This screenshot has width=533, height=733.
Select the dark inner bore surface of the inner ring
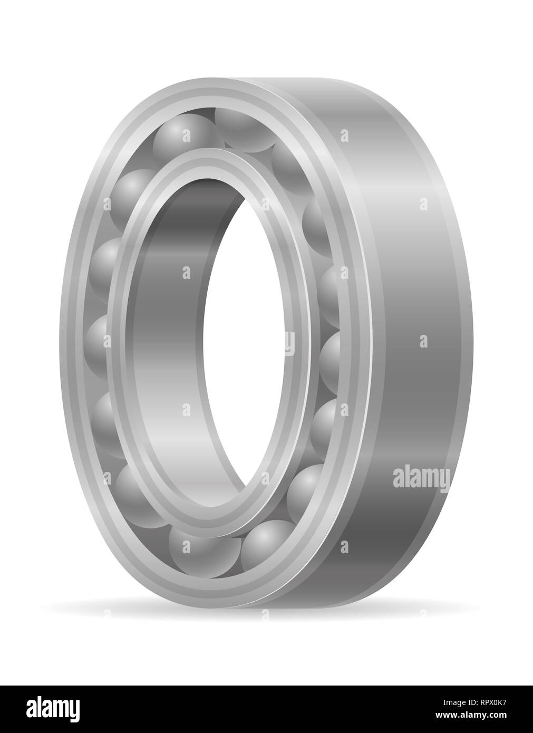158,337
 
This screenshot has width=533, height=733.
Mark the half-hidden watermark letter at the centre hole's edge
289,343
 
